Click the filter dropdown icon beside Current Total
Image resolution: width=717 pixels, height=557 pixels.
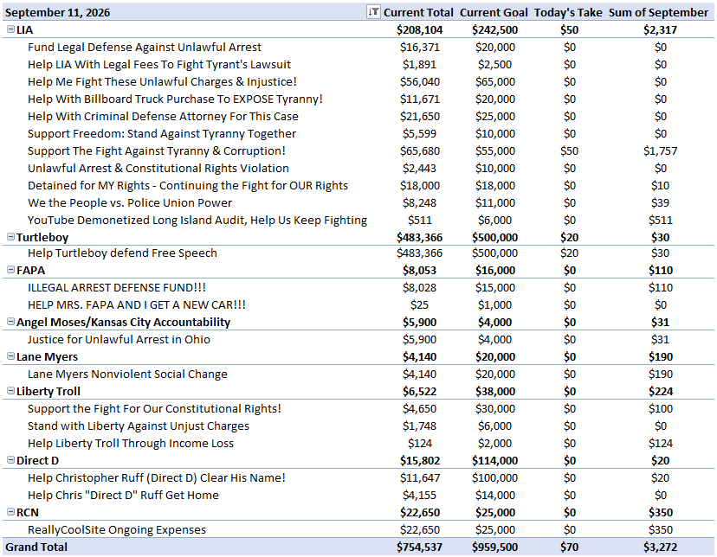[x=373, y=12]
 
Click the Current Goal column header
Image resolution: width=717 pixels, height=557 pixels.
[x=494, y=12]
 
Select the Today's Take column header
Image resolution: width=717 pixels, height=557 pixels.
[x=568, y=12]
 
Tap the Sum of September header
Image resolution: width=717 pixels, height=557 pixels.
[x=658, y=12]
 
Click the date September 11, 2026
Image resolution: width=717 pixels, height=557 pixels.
[x=58, y=13]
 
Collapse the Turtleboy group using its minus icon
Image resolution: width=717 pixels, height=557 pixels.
[x=10, y=236]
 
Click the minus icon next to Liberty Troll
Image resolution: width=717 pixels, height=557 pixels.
[x=10, y=391]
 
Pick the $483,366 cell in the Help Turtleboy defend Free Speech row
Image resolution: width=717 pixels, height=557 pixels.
[x=419, y=253]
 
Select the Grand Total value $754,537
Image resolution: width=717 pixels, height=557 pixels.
[x=419, y=547]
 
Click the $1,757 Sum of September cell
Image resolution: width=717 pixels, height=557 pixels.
[x=661, y=151]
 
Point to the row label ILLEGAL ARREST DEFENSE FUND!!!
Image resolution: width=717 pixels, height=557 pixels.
[x=117, y=288]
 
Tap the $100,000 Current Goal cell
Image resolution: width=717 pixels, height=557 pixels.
[x=494, y=478]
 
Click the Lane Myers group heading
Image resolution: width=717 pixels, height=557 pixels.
[x=47, y=357]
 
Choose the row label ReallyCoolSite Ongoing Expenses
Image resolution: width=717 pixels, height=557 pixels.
[x=117, y=530]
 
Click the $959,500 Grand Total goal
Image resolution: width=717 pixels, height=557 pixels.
[x=494, y=547]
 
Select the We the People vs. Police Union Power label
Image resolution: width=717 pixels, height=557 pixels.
[x=130, y=203]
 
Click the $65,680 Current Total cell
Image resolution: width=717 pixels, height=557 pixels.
[x=420, y=151]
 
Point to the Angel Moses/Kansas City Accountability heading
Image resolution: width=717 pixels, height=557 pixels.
[x=124, y=323]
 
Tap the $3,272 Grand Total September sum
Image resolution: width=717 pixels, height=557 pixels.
[x=661, y=547]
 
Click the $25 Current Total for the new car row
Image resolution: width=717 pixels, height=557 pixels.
[x=419, y=305]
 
